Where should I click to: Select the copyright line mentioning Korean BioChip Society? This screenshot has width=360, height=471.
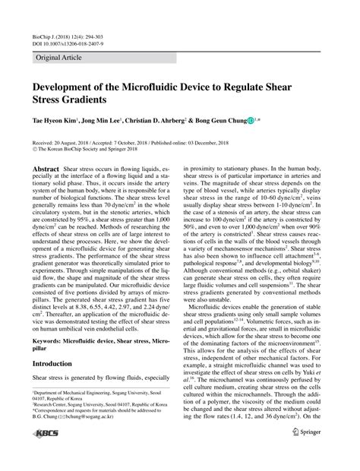coord(81,149)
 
